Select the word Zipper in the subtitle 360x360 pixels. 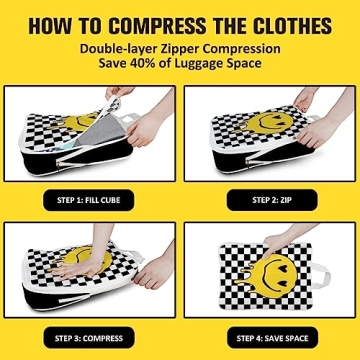coord(175,48)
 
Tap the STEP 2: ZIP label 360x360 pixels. coord(267,200)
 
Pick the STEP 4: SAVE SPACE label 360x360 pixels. coord(267,337)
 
